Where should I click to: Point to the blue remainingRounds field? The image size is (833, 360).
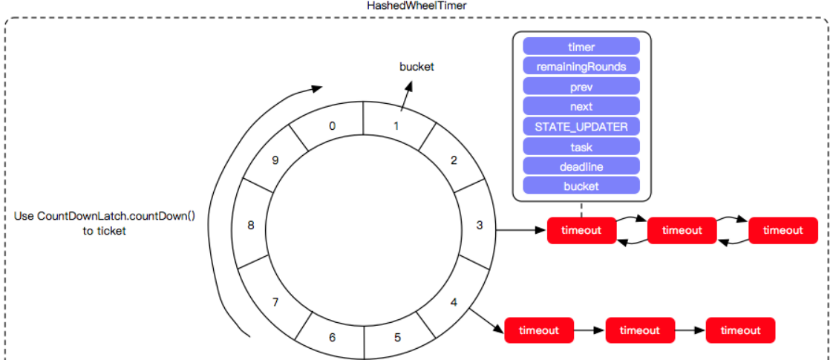pyautogui.click(x=581, y=67)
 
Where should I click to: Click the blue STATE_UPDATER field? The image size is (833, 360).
pyautogui.click(x=581, y=126)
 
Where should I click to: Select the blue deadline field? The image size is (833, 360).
pyautogui.click(x=581, y=166)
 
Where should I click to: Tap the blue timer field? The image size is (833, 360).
pyautogui.click(x=581, y=46)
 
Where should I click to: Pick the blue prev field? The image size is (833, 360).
pyautogui.click(x=581, y=87)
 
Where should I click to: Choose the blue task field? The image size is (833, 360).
pyautogui.click(x=581, y=146)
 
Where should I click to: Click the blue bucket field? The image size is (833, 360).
pyautogui.click(x=581, y=186)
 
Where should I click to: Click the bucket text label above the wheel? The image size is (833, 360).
pyautogui.click(x=416, y=67)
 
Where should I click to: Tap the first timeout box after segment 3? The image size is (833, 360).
pyautogui.click(x=582, y=230)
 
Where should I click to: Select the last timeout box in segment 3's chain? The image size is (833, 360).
pyautogui.click(x=783, y=230)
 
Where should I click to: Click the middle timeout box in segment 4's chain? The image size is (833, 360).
pyautogui.click(x=640, y=330)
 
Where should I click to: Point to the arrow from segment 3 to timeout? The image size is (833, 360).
pyautogui.click(x=521, y=230)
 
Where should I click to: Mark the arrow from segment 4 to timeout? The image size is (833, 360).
pyautogui.click(x=487, y=321)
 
